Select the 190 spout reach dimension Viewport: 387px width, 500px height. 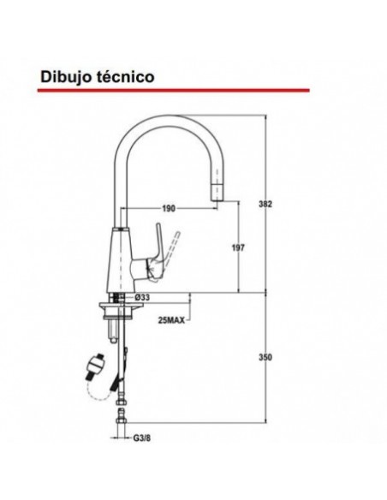[x=168, y=208]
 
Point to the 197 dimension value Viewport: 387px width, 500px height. [x=239, y=248]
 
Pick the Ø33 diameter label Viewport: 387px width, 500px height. [x=144, y=298]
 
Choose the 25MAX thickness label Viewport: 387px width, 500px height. [x=170, y=321]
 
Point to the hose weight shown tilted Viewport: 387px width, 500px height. [x=97, y=368]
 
